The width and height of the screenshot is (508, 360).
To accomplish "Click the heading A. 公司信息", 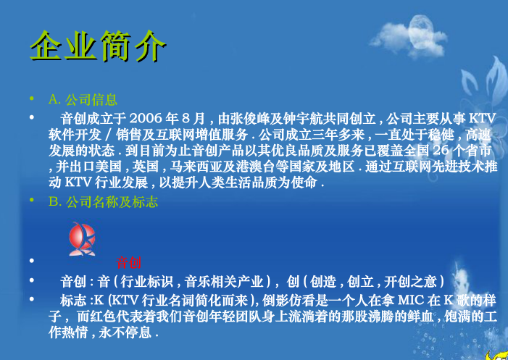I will click(83, 99).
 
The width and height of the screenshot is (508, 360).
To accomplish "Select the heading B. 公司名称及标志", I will click(103, 202).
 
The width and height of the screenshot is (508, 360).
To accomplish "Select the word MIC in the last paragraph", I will click(412, 299).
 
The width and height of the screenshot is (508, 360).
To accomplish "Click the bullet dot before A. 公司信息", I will click(30, 99).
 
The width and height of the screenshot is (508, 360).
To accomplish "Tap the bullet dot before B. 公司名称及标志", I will click(30, 202).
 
